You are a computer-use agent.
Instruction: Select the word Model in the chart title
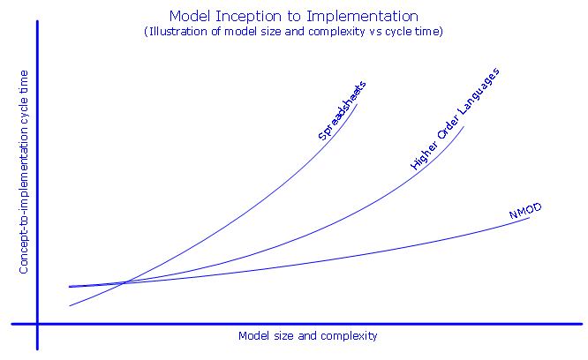(x=189, y=17)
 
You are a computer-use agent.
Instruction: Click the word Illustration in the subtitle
(x=178, y=32)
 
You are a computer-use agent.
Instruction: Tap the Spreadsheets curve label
(x=342, y=110)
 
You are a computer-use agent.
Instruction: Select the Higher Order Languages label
(x=455, y=119)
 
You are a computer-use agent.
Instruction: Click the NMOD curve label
(x=525, y=211)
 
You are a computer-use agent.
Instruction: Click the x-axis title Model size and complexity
(x=308, y=336)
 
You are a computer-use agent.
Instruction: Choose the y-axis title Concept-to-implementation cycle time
(x=24, y=172)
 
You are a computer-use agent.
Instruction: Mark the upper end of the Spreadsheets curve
(x=357, y=104)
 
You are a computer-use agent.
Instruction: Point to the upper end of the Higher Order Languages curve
(x=464, y=127)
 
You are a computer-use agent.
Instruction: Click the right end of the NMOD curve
(x=530, y=218)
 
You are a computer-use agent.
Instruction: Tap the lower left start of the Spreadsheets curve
(x=70, y=306)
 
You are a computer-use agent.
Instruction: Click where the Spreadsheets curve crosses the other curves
(x=124, y=283)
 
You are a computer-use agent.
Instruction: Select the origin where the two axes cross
(x=37, y=324)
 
